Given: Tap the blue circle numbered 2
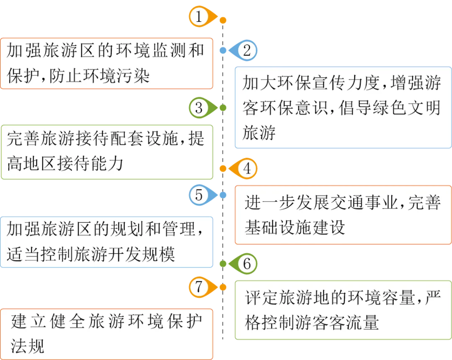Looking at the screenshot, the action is (247, 51).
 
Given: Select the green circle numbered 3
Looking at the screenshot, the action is (199, 108).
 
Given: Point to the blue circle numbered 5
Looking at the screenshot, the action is (199, 195).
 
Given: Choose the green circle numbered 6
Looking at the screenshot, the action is (247, 264).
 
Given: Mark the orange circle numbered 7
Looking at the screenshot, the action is (199, 287).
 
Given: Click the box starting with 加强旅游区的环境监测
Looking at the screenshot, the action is (106, 63).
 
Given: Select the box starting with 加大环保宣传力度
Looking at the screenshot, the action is (343, 108).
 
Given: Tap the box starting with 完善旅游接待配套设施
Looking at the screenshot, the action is (106, 152).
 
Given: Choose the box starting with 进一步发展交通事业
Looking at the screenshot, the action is (343, 215).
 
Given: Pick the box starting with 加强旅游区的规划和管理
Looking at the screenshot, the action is (106, 242).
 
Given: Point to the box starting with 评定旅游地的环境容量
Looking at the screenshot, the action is (343, 310).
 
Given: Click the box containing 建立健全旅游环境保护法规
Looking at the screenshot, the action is (106, 334).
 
